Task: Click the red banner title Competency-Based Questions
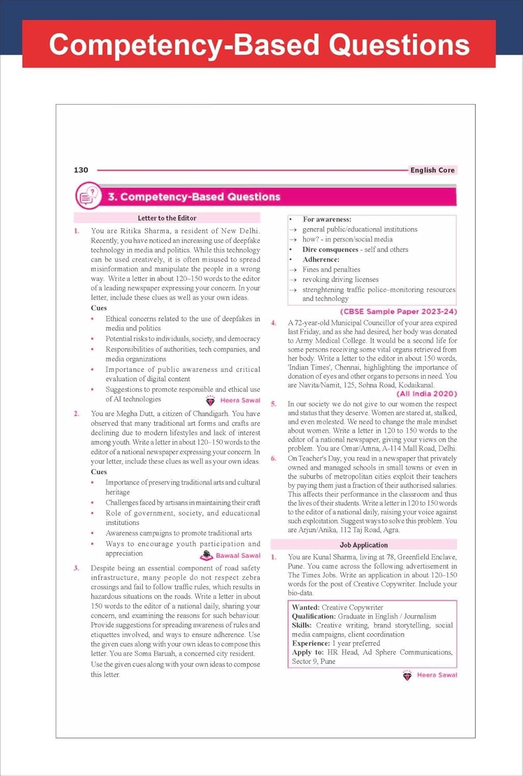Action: (259, 44)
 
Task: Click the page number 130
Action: (81, 170)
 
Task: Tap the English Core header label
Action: (432, 170)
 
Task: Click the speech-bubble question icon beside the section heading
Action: (89, 196)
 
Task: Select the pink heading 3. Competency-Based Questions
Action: (194, 197)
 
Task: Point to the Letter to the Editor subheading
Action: (167, 218)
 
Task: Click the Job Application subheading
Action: (364, 545)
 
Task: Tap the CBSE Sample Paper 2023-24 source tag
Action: (398, 311)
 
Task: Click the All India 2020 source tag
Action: (427, 394)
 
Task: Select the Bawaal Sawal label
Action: (237, 556)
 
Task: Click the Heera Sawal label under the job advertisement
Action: (437, 675)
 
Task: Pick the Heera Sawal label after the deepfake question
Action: (240, 400)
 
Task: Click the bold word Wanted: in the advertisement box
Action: (306, 607)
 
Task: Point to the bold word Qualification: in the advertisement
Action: (314, 616)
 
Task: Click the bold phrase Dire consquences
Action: (330, 249)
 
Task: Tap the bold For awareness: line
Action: (327, 219)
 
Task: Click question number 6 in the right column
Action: (274, 458)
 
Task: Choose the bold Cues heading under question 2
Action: (98, 472)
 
